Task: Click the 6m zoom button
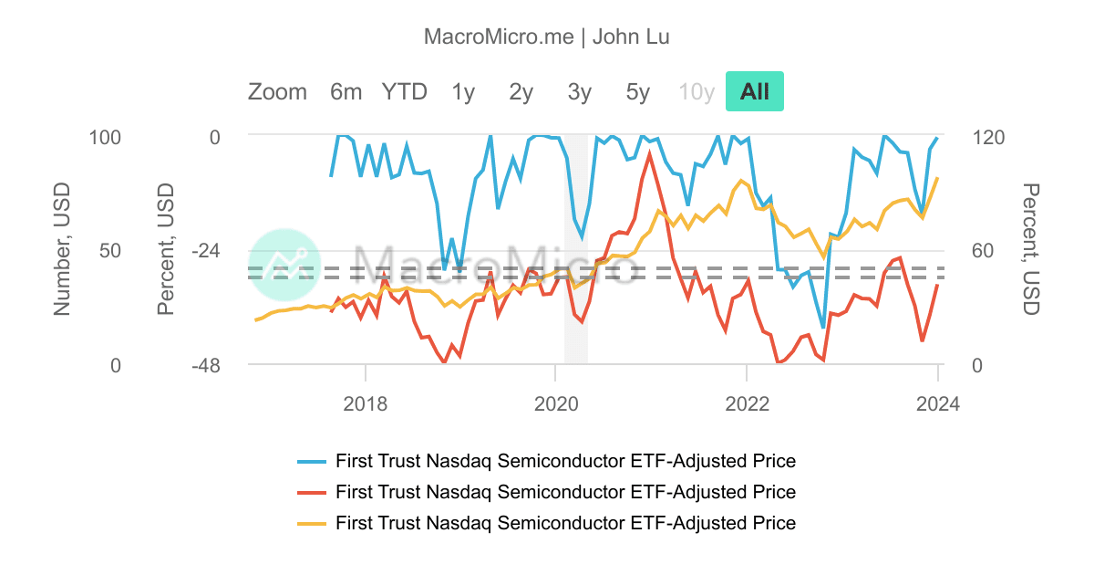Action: tap(346, 91)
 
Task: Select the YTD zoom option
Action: tap(404, 91)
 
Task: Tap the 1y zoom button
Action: tap(463, 91)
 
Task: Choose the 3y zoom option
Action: tap(580, 91)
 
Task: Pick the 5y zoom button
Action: tap(638, 91)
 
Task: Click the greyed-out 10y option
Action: tap(697, 91)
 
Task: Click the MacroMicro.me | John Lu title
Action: tap(547, 37)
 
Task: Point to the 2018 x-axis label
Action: tap(366, 403)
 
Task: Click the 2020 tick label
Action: tap(556, 403)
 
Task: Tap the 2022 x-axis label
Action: tap(747, 403)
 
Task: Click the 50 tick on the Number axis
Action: tap(109, 251)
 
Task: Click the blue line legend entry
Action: tap(565, 460)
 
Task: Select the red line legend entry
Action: tap(565, 492)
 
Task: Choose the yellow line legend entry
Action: tap(565, 523)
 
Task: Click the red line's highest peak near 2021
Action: tap(649, 153)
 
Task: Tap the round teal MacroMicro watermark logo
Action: tap(284, 264)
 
